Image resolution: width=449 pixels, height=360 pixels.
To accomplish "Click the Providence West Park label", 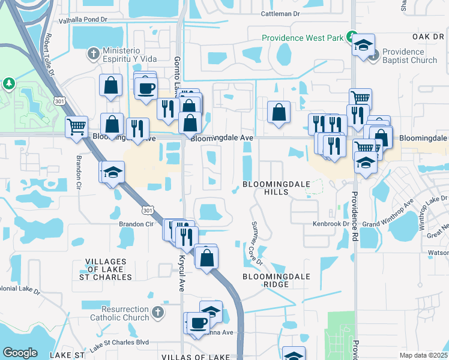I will pyautogui.click(x=303, y=38).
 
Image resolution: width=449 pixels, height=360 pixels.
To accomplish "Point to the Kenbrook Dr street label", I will pyautogui.click(x=331, y=224).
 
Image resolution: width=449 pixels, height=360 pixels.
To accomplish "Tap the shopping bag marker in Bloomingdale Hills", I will pyautogui.click(x=279, y=112).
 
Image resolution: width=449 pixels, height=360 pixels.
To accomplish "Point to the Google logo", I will pyautogui.click(x=20, y=353).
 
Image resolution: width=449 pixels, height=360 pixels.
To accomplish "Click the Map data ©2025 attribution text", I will pyautogui.click(x=423, y=355).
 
